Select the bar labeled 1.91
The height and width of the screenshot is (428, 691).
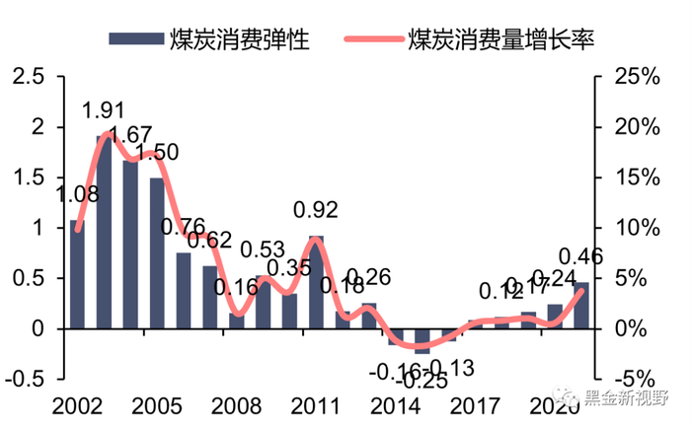[104, 232]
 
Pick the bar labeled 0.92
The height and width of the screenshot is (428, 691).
[316, 282]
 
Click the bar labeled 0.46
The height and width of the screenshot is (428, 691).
[581, 306]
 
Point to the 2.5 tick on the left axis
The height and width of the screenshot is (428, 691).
[26, 76]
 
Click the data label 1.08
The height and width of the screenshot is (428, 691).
[77, 194]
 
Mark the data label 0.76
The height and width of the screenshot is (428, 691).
[184, 227]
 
